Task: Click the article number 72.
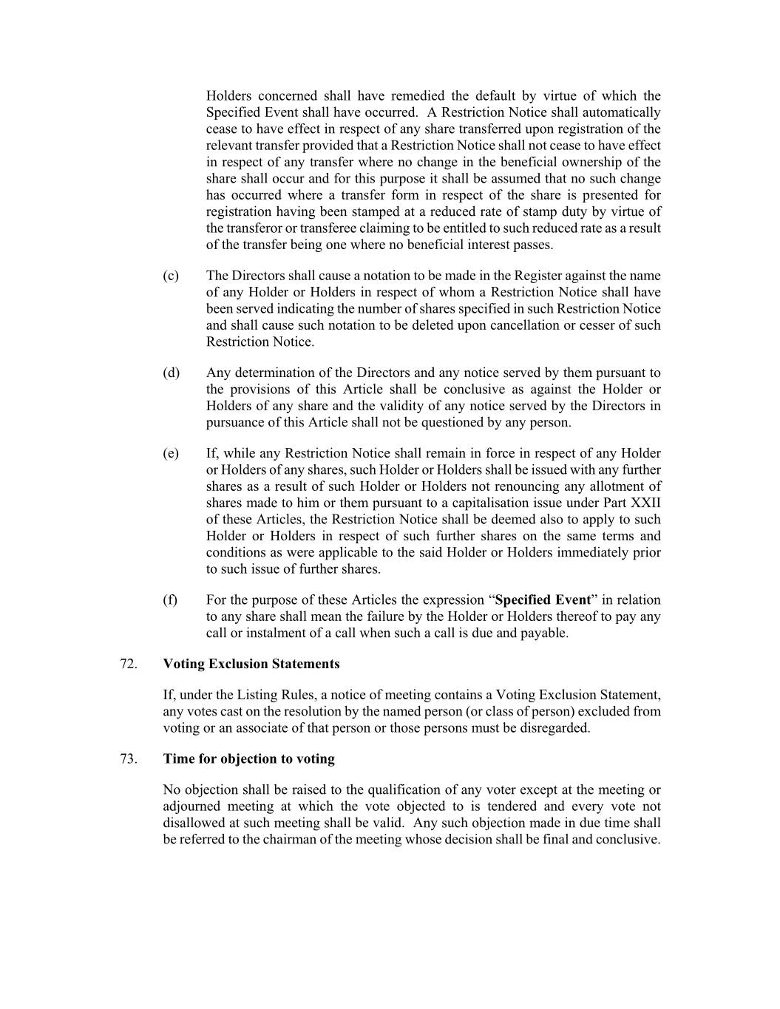pyautogui.click(x=128, y=664)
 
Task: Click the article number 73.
pyautogui.click(x=128, y=758)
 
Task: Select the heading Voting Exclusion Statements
pyautogui.click(x=251, y=664)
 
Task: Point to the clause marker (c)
pyautogui.click(x=171, y=276)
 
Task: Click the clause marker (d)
pyautogui.click(x=171, y=373)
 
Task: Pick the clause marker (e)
pyautogui.click(x=171, y=453)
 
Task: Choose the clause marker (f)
pyautogui.click(x=170, y=599)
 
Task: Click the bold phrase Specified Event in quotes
pyautogui.click(x=543, y=599)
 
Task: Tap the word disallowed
pyautogui.click(x=195, y=823)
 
